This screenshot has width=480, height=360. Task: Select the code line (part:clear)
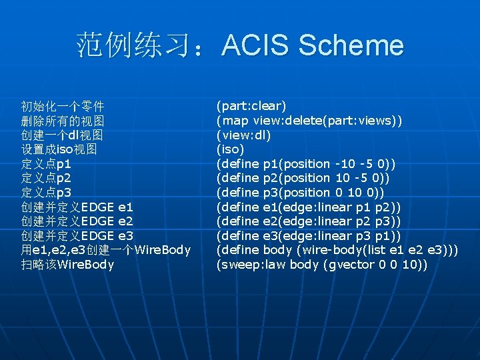click(x=251, y=106)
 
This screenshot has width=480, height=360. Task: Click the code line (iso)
click(x=230, y=149)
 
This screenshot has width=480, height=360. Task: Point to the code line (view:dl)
click(x=243, y=135)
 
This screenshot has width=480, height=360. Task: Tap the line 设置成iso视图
click(x=59, y=149)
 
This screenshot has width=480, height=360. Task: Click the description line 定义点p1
click(x=46, y=164)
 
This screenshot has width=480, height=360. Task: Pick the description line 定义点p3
click(x=46, y=193)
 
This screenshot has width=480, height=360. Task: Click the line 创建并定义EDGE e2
click(x=77, y=221)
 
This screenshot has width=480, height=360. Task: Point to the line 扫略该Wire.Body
click(x=67, y=265)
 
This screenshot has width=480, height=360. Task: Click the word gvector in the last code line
click(x=347, y=265)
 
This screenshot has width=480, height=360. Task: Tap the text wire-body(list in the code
click(x=338, y=250)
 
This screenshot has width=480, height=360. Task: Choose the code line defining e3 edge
click(x=307, y=236)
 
